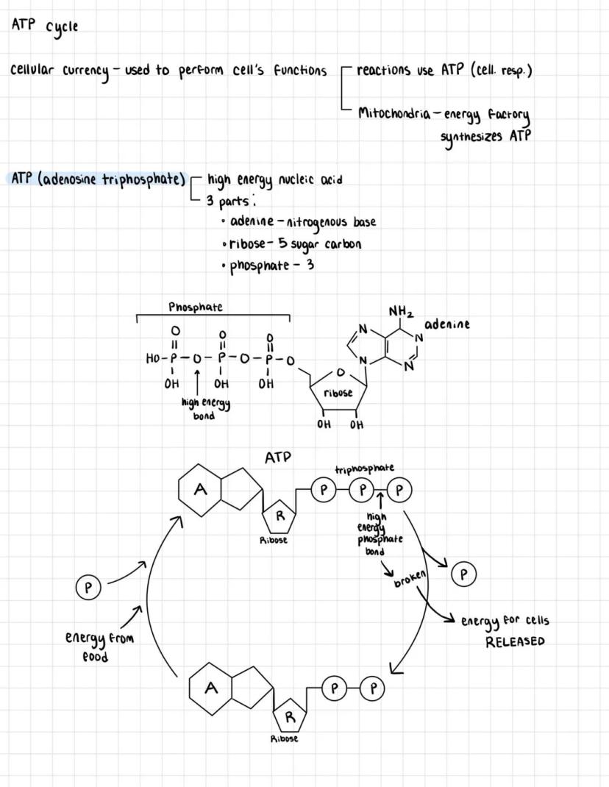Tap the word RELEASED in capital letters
(x=515, y=641)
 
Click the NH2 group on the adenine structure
(x=401, y=313)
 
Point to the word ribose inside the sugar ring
(x=338, y=393)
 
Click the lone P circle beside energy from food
(x=88, y=588)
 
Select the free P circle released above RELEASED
(x=463, y=574)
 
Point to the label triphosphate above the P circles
(x=364, y=469)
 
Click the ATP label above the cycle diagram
(x=278, y=457)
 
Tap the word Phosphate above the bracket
(x=195, y=307)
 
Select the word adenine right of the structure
(x=446, y=324)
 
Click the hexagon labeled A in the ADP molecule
(x=212, y=688)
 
